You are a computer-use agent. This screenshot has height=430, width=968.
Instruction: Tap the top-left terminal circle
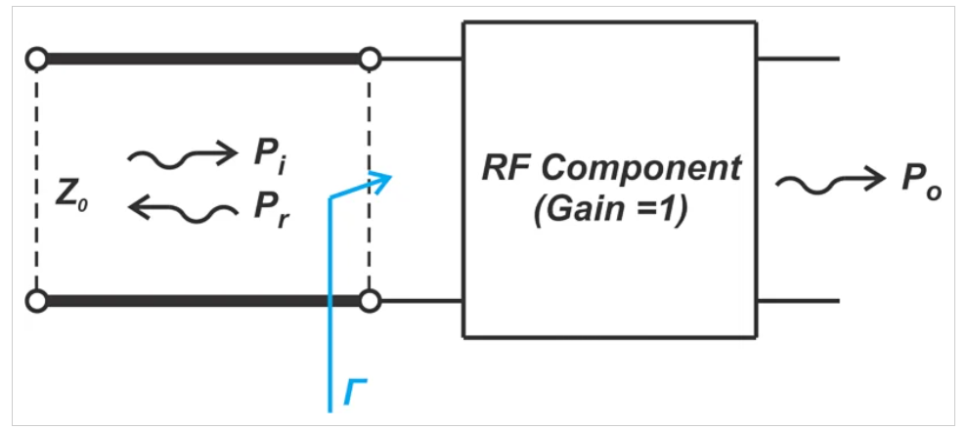(36, 60)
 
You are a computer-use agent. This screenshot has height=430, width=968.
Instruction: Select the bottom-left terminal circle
(36, 301)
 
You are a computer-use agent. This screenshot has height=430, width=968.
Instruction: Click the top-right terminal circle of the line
(369, 60)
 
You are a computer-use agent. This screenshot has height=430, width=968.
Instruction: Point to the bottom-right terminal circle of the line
(369, 301)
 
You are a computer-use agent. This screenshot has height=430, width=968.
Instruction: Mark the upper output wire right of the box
(798, 60)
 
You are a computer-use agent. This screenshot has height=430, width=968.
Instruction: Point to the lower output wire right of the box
(798, 301)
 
